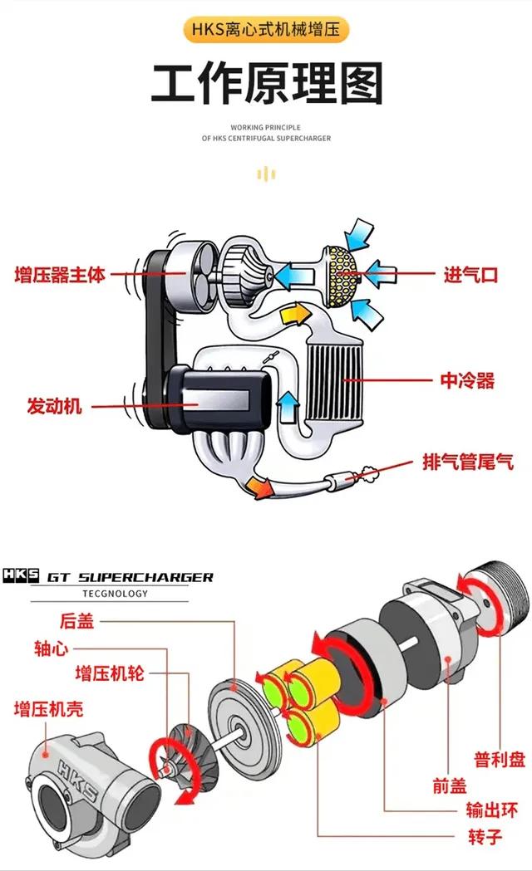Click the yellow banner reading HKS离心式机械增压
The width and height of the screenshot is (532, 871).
(x=265, y=31)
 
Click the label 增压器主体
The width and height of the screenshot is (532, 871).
(x=61, y=275)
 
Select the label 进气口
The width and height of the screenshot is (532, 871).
(x=470, y=275)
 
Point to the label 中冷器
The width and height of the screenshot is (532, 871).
(x=467, y=381)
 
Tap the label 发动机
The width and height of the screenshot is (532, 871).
(x=55, y=407)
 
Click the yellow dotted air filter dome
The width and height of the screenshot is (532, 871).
(x=339, y=271)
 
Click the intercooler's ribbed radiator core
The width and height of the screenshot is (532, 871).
(x=336, y=383)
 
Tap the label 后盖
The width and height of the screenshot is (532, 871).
(x=77, y=620)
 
